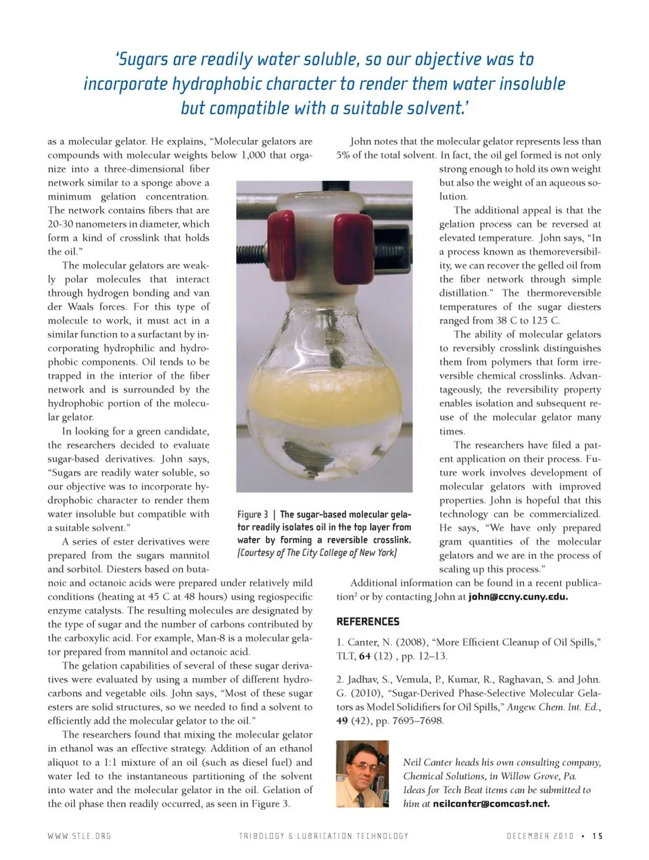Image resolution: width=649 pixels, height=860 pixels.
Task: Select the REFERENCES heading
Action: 368,621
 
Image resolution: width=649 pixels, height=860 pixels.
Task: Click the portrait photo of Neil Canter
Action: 362,773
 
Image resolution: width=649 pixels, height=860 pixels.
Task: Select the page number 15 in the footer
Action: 597,836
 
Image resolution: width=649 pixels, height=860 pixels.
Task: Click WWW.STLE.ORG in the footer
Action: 79,836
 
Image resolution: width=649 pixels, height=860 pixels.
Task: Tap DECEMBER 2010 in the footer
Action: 540,836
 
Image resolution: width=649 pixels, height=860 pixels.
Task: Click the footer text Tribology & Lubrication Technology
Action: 324,836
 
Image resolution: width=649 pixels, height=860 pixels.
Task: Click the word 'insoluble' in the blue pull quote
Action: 531,84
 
